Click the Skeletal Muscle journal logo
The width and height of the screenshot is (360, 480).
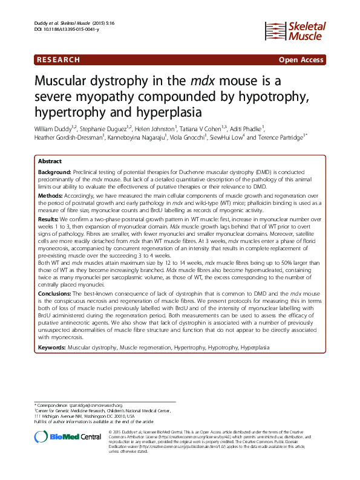click(x=296, y=32)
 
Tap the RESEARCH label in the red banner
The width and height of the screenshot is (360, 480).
click(x=58, y=60)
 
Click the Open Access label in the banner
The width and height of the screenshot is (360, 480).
click(x=301, y=60)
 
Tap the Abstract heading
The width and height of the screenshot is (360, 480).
click(x=50, y=162)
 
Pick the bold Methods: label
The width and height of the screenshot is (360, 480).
click(x=51, y=196)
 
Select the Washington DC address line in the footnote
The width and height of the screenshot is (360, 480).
click(x=85, y=415)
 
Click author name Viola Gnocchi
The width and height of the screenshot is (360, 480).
click(x=189, y=137)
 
